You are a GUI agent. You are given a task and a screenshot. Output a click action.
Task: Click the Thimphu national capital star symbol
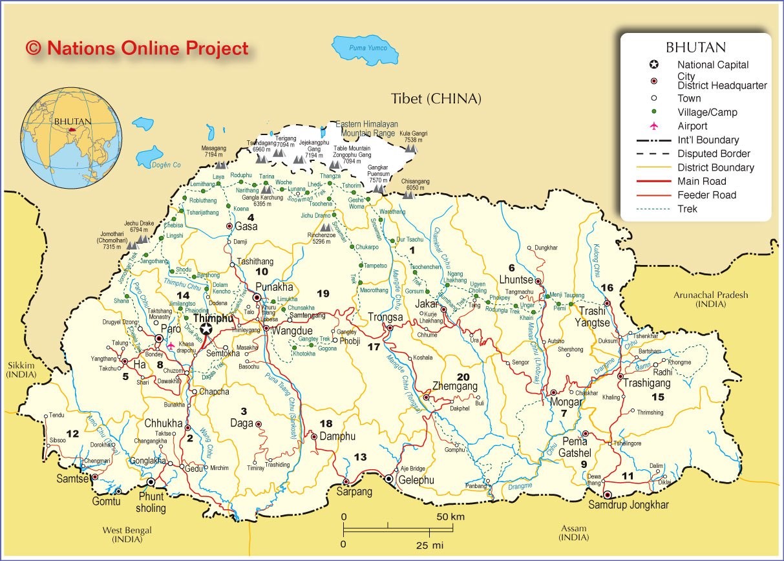[206, 330]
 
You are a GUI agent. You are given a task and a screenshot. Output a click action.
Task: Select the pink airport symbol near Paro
[170, 346]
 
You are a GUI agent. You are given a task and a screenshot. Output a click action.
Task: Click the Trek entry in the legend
[687, 209]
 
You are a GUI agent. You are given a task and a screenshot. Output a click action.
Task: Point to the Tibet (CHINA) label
[436, 99]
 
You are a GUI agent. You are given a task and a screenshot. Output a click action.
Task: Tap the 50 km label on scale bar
[450, 517]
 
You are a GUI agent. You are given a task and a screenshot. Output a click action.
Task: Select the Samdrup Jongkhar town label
[628, 505]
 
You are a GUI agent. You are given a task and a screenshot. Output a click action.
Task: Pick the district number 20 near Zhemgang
[463, 377]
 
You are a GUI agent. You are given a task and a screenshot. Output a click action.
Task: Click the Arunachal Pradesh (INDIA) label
[710, 299]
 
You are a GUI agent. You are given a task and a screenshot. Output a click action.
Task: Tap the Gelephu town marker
[388, 479]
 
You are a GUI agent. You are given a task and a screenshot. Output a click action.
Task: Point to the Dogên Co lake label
[166, 165]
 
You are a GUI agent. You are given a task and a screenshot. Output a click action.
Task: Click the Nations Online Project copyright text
[137, 48]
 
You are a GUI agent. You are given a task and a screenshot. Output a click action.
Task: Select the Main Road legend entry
[701, 182]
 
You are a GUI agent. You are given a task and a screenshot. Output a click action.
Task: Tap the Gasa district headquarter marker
[229, 226]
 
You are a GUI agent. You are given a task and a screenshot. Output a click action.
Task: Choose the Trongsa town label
[385, 317]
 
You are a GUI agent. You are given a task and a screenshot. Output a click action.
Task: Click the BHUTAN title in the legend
[695, 47]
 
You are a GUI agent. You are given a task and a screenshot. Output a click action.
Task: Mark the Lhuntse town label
[516, 279]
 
